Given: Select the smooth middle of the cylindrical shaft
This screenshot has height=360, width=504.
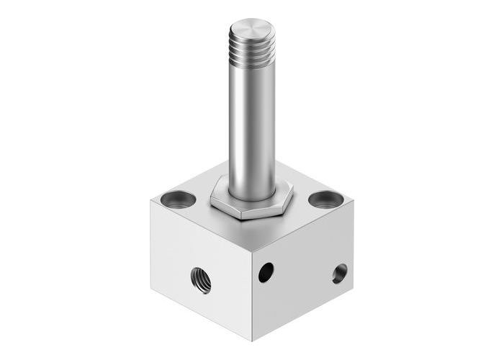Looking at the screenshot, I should click(x=252, y=122).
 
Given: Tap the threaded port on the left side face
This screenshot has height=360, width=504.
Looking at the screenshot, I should click(x=201, y=279).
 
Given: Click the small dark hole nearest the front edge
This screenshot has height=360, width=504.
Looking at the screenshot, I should click(x=266, y=271).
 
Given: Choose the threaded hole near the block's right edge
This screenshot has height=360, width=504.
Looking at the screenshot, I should click(x=339, y=273).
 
